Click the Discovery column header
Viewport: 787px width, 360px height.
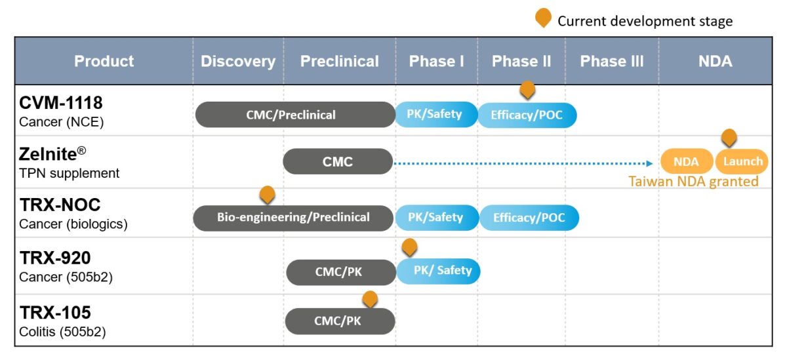coord(238,62)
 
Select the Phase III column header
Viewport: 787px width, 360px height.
coord(612,62)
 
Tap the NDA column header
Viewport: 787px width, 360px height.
coord(716,62)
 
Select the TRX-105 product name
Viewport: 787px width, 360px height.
coord(56,313)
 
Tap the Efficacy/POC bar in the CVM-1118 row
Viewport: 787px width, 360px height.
coord(527,115)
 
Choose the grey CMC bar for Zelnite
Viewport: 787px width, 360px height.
coord(338,161)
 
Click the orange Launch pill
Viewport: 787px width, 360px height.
coord(742,161)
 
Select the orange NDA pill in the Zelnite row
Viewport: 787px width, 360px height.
coord(686,161)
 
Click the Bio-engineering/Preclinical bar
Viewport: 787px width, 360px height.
coord(293,217)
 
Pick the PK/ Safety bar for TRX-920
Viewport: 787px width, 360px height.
coord(439,271)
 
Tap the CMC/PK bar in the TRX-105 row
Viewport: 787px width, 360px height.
coord(340,321)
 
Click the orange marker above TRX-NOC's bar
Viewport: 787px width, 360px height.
coord(267,194)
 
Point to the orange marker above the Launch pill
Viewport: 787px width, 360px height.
coord(729,137)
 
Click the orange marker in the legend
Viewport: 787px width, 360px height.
coord(543,18)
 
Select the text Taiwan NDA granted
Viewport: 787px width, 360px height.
coord(693,182)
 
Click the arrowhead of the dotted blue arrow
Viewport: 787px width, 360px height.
coord(650,163)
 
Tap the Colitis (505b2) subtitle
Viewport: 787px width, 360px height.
coord(63,332)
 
